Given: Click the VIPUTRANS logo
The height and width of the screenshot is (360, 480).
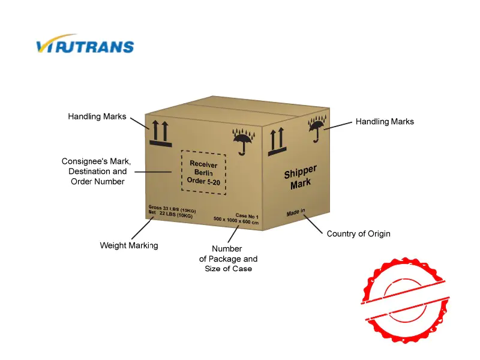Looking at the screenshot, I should pyautogui.click(x=85, y=46).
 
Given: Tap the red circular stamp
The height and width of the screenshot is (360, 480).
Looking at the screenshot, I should pyautogui.click(x=407, y=296).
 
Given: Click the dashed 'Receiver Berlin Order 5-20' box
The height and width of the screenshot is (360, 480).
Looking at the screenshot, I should pyautogui.click(x=204, y=173).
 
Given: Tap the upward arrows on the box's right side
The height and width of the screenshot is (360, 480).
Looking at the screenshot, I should pyautogui.click(x=277, y=141).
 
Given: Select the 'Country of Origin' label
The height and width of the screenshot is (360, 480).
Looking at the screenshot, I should pyautogui.click(x=358, y=233).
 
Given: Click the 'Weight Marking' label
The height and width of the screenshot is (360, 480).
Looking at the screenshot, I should pyautogui.click(x=129, y=245).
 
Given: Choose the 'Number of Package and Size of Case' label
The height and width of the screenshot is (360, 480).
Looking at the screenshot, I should pyautogui.click(x=228, y=259).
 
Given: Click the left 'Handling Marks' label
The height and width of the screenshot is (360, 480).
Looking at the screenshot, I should pyautogui.click(x=97, y=116).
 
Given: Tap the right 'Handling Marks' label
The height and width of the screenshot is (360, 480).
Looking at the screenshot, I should pyautogui.click(x=385, y=121).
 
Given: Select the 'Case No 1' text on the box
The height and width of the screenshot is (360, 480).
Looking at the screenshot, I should pyautogui.click(x=247, y=216).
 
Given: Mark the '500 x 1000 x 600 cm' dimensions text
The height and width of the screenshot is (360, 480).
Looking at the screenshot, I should pyautogui.click(x=236, y=222).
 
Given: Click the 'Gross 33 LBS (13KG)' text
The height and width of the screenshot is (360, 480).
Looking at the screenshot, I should pyautogui.click(x=172, y=208).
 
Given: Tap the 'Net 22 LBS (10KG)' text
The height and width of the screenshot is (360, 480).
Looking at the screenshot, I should pyautogui.click(x=171, y=214).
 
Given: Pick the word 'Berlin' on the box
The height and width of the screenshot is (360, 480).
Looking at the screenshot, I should pyautogui.click(x=204, y=173).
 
